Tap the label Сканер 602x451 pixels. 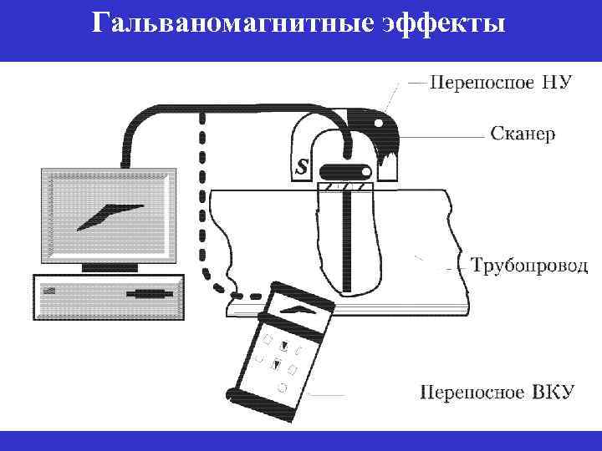(x=521, y=133)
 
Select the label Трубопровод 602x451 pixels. (x=529, y=266)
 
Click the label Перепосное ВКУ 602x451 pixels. (x=497, y=392)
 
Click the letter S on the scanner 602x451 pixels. (x=301, y=167)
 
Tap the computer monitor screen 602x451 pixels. (x=109, y=215)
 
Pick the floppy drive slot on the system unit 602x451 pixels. (x=151, y=294)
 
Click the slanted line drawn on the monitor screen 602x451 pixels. (x=109, y=215)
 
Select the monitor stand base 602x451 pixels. (x=109, y=268)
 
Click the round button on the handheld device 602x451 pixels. (x=282, y=388)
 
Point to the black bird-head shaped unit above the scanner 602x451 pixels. (x=380, y=129)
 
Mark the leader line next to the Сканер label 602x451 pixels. (x=456, y=134)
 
